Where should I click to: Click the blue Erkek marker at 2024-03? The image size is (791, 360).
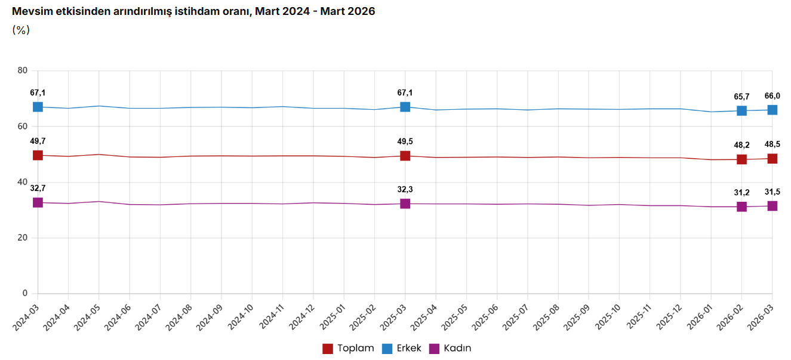(38, 107)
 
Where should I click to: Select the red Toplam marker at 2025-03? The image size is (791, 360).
(405, 156)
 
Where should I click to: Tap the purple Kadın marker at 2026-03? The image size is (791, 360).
(772, 206)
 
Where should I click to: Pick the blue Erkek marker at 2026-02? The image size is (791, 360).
(741, 110)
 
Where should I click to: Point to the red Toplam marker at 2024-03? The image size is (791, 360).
(38, 155)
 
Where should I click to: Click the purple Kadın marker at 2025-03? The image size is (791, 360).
(405, 204)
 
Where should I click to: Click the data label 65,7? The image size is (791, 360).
(741, 97)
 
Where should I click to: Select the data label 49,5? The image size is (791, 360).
(405, 141)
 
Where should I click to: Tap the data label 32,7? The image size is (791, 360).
(38, 188)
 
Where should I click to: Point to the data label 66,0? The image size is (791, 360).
(772, 96)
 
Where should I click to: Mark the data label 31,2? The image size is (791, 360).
(741, 193)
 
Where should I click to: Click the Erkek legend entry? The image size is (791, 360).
(402, 349)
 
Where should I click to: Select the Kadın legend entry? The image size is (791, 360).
(451, 349)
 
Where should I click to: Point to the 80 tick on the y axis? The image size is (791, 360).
(23, 70)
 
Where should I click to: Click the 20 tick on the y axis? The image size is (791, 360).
(23, 238)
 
